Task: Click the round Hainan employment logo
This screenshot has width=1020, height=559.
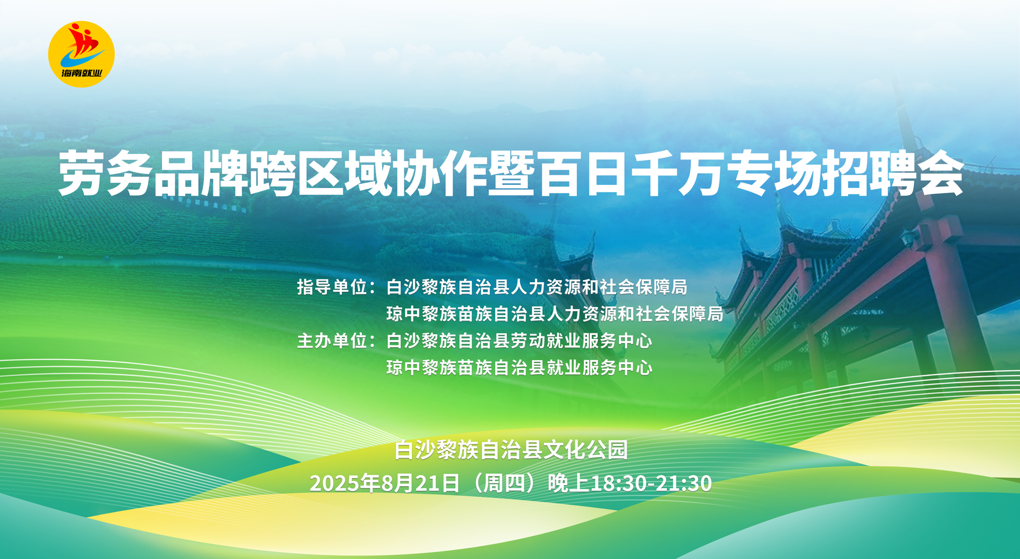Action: pyautogui.click(x=81, y=54)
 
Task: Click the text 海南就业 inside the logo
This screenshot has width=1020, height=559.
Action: pyautogui.click(x=81, y=73)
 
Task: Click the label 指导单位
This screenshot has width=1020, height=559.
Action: pyautogui.click(x=333, y=287)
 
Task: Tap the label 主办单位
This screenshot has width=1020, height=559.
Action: pyautogui.click(x=333, y=341)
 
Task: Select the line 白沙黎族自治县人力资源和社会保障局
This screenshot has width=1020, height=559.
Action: pyautogui.click(x=537, y=287)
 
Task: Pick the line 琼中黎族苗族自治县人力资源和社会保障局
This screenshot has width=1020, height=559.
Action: pyautogui.click(x=555, y=314)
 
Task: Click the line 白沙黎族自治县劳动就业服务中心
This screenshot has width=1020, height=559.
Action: pyautogui.click(x=519, y=341)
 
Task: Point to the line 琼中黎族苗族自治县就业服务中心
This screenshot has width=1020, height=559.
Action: pyautogui.click(x=519, y=367)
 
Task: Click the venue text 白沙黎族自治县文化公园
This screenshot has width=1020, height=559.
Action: pyautogui.click(x=511, y=450)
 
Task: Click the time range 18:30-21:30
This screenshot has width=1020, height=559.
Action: pyautogui.click(x=651, y=483)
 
